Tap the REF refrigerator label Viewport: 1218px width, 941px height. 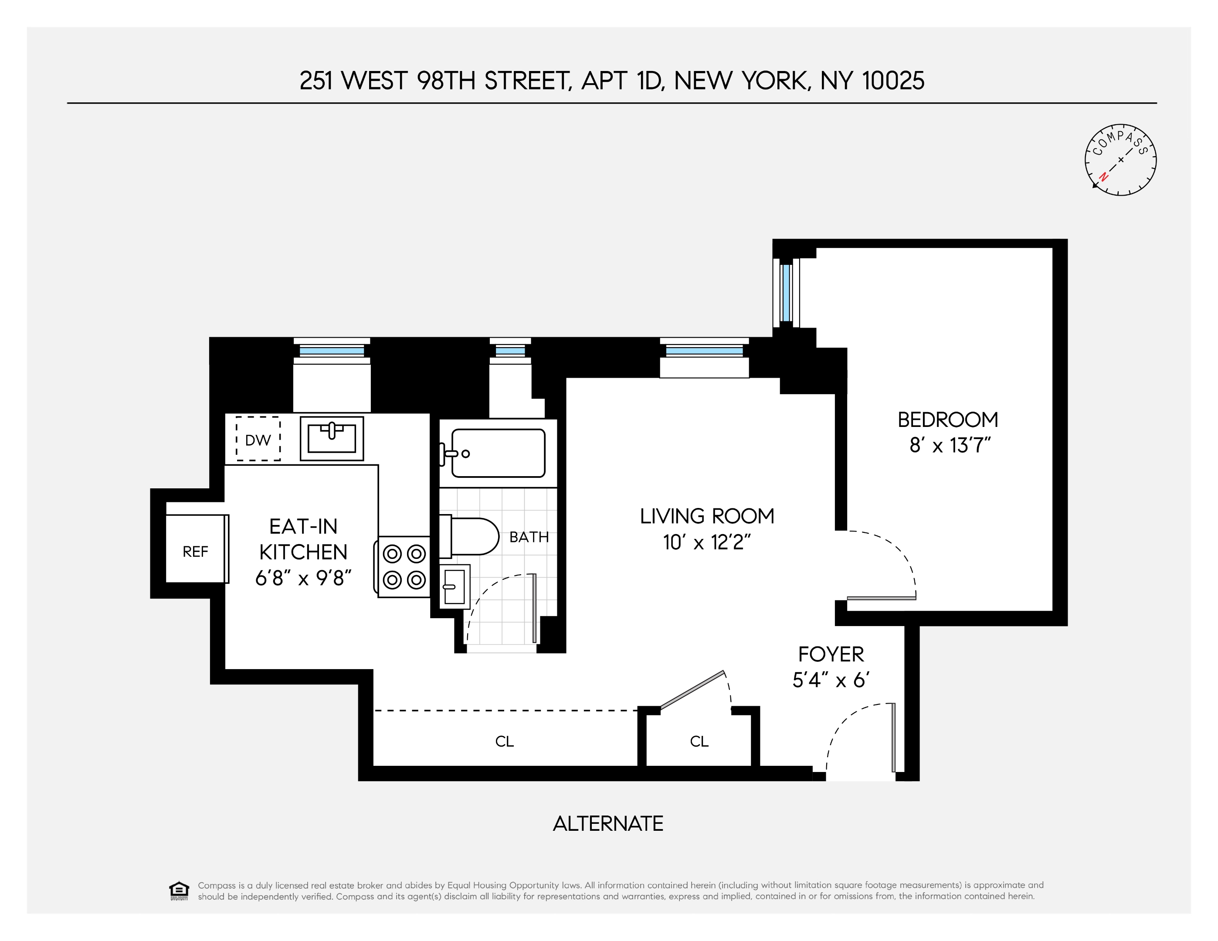point(195,552)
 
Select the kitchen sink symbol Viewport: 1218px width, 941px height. point(332,438)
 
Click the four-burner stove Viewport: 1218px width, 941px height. point(404,567)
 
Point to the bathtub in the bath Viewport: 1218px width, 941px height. point(498,453)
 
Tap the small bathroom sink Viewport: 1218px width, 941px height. point(455,586)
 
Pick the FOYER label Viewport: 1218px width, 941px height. point(831,654)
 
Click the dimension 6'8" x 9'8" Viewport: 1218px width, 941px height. point(303,578)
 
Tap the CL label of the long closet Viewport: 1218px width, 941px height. point(504,741)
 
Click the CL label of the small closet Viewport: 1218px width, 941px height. point(699,741)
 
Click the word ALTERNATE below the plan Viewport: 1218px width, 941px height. point(608,823)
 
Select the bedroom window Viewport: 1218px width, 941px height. point(786,293)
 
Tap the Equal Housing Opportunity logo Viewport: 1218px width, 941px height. point(179,891)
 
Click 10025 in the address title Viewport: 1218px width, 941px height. point(893,81)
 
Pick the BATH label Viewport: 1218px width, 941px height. point(529,537)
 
